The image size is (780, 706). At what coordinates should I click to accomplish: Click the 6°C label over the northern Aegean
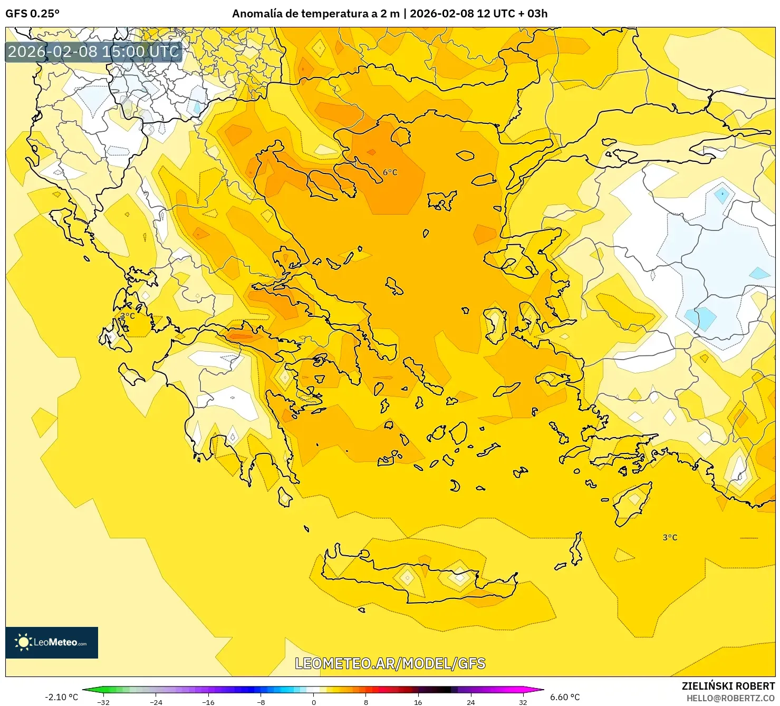(390, 172)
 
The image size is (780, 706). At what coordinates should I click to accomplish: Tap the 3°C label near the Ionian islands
(127, 316)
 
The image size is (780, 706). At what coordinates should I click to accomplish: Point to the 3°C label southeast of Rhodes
(670, 537)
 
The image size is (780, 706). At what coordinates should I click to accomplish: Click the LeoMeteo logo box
(52, 642)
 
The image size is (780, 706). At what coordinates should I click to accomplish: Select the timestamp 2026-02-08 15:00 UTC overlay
(93, 52)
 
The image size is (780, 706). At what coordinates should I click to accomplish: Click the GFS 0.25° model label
(33, 14)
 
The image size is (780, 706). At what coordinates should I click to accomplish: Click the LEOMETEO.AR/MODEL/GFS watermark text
(390, 663)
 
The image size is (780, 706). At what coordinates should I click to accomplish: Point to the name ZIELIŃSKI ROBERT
(728, 686)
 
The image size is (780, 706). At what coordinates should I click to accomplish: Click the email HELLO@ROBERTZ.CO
(730, 698)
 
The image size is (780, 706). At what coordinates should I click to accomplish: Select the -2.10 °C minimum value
(61, 697)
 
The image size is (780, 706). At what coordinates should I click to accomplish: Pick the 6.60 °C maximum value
(565, 697)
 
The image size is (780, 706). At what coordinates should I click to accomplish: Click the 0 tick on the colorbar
(314, 702)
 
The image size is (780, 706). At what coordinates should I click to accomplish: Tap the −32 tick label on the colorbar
(103, 702)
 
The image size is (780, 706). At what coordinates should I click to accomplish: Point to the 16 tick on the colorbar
(418, 702)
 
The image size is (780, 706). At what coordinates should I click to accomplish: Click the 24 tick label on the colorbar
(470, 702)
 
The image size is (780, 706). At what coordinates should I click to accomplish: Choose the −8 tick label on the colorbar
(261, 702)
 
